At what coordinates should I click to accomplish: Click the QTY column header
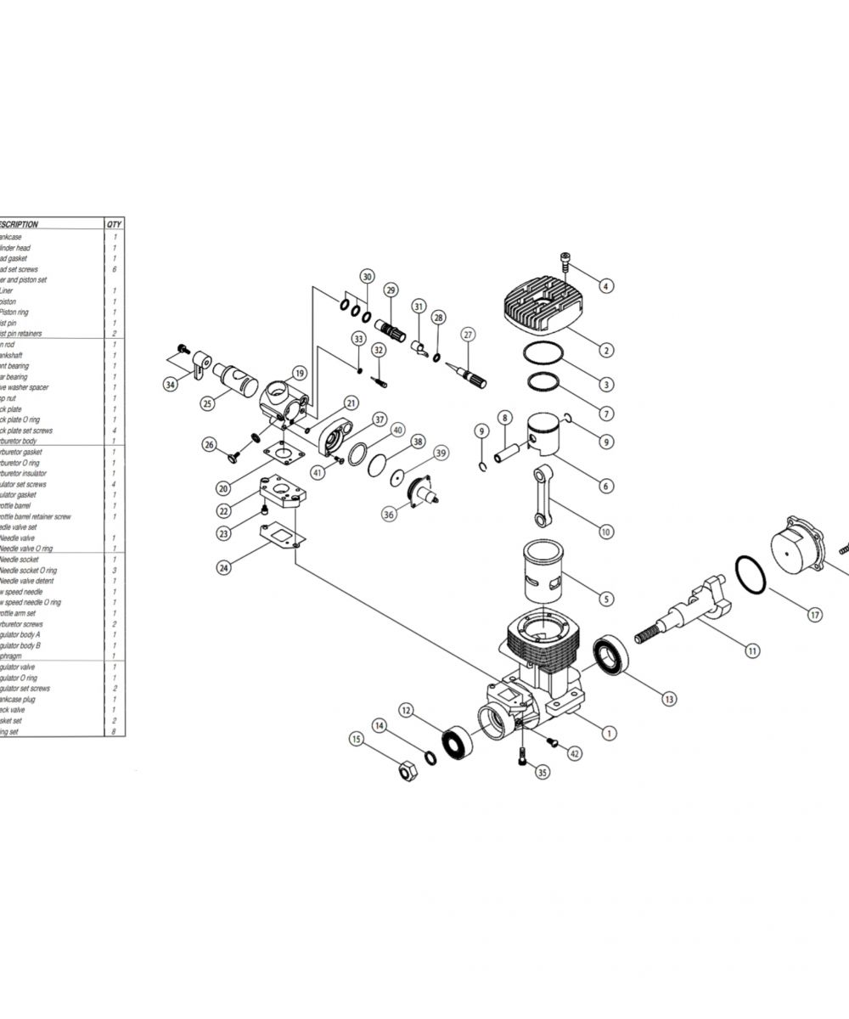click(114, 224)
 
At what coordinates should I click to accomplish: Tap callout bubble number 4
click(605, 285)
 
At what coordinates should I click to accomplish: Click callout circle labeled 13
click(670, 699)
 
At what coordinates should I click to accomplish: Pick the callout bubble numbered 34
click(171, 385)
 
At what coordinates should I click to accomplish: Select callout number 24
click(223, 567)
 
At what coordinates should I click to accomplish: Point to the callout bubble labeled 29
click(391, 290)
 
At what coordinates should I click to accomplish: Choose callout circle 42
click(575, 753)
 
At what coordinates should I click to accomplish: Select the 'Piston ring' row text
click(17, 312)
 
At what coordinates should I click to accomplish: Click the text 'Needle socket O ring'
click(31, 570)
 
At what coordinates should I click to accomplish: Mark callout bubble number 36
click(389, 514)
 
